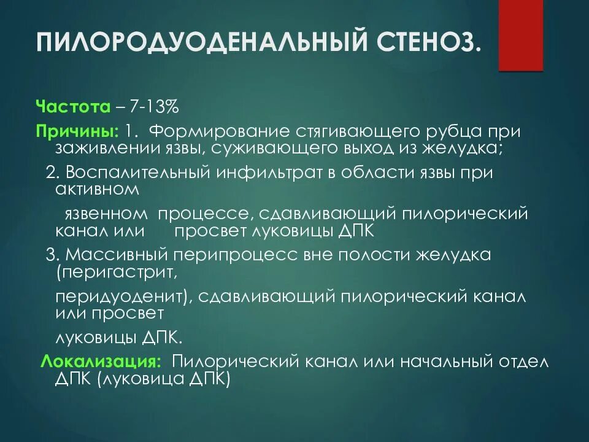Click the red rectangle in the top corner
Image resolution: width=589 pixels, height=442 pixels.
coord(520,35)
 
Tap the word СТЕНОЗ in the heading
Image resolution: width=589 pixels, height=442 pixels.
coord(423,44)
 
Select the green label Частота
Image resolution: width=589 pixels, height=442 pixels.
coord(72,107)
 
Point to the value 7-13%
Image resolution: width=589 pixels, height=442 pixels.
coord(153,107)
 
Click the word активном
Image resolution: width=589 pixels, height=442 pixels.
coord(97,189)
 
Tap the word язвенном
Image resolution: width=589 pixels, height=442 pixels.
coord(106,213)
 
